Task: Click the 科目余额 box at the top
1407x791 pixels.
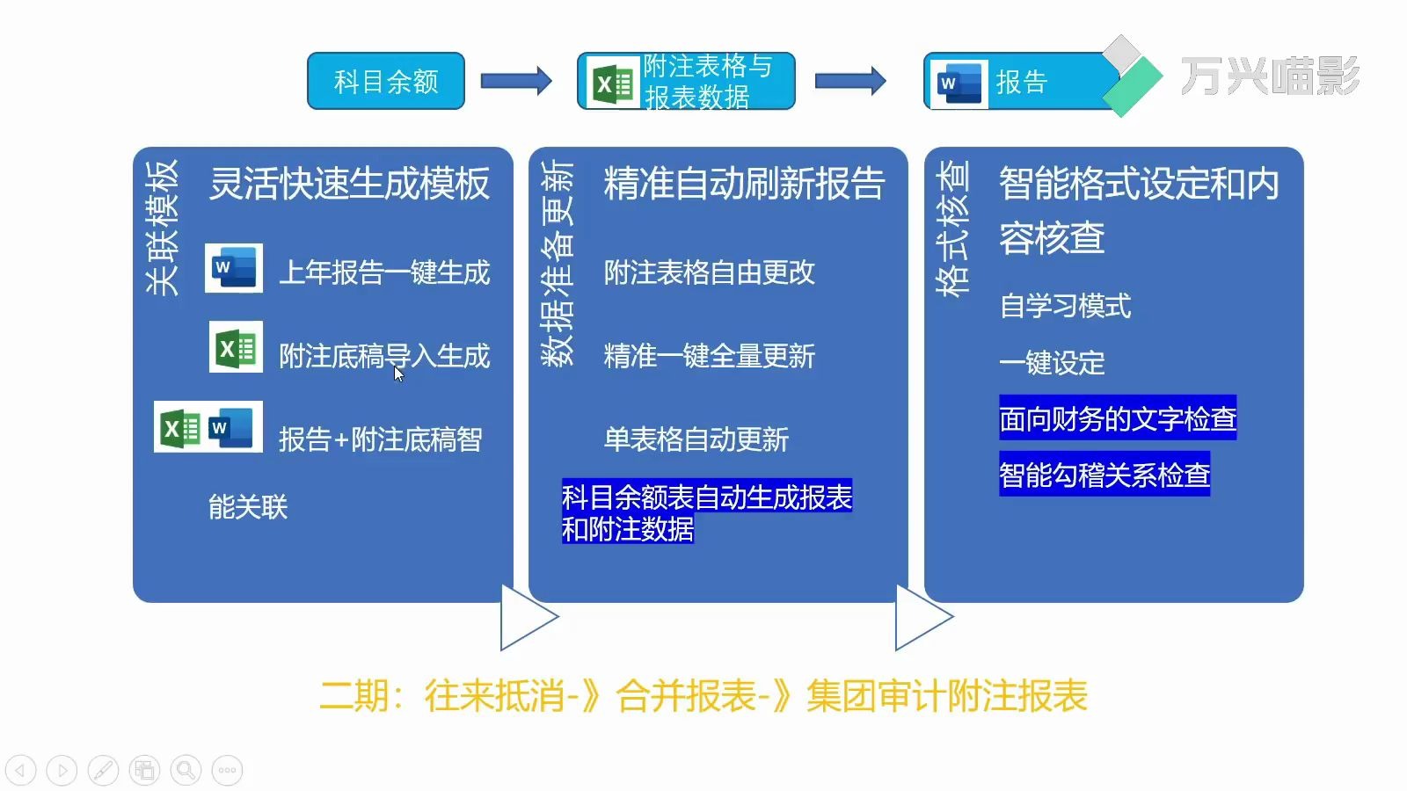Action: [x=385, y=82]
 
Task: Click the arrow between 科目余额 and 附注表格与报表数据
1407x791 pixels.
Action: [x=516, y=82]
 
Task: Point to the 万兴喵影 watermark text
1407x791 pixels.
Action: [x=1269, y=76]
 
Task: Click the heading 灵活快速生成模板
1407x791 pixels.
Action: [x=349, y=184]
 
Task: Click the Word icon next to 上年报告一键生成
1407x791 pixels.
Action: [x=234, y=268]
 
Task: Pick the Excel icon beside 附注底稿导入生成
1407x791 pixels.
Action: [x=236, y=348]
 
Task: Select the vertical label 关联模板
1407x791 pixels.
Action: [x=163, y=227]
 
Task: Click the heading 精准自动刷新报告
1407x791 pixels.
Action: [x=744, y=184]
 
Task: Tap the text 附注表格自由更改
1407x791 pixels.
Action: [x=709, y=272]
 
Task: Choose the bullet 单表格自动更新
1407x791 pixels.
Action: [x=696, y=439]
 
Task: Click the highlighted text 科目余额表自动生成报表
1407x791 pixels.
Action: [x=706, y=497]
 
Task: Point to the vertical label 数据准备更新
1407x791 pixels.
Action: [x=558, y=262]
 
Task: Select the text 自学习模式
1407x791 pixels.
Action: [x=1065, y=306]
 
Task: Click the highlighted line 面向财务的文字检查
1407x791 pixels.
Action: [x=1118, y=418]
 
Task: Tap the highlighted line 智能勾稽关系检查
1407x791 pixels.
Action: [x=1104, y=475]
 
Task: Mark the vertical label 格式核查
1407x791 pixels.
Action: [x=953, y=228]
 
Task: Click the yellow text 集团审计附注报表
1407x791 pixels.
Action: [x=947, y=696]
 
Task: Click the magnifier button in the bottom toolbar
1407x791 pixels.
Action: [x=186, y=771]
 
